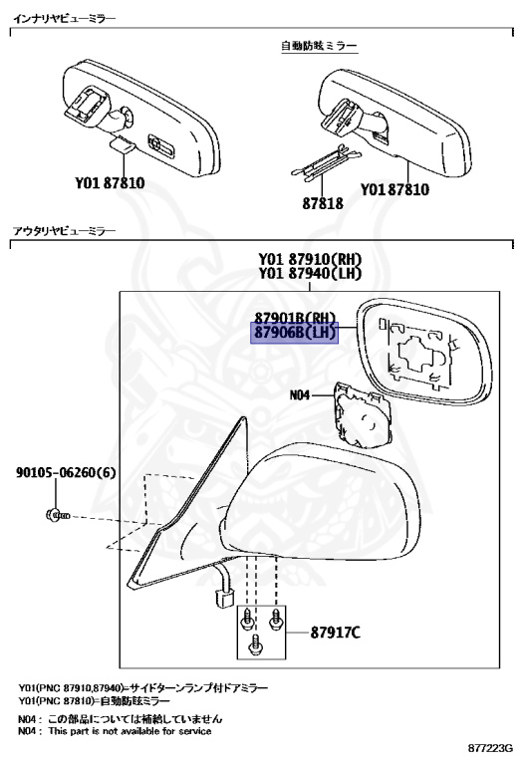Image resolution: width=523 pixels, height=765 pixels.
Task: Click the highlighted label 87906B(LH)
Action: (x=295, y=333)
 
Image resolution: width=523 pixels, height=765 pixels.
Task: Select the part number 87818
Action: (x=323, y=203)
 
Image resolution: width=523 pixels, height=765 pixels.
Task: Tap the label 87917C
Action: (x=336, y=633)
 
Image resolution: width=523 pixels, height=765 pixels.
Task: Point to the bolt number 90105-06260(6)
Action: (x=66, y=472)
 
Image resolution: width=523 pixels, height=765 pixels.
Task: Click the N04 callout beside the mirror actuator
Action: (x=300, y=394)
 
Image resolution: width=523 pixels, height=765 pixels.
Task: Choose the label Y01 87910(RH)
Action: (x=310, y=259)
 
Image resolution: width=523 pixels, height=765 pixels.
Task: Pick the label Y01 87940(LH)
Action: (x=310, y=273)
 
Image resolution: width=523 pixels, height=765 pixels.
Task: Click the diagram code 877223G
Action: (x=490, y=748)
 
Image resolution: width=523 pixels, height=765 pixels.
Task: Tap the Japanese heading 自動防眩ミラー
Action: (x=319, y=46)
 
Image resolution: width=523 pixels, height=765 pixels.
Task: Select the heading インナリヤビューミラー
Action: (x=65, y=19)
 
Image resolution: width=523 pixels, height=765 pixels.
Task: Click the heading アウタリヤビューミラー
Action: (x=65, y=230)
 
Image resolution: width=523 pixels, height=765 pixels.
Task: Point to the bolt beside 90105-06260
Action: (x=58, y=515)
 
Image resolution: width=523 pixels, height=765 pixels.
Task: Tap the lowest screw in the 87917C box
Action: (x=255, y=645)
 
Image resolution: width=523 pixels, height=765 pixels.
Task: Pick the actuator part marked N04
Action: (x=362, y=415)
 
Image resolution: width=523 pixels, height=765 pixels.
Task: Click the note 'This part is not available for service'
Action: (x=130, y=731)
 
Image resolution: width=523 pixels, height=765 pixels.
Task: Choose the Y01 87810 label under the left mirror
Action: (x=110, y=183)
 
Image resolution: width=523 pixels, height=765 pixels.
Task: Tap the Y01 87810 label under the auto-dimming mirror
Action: (x=395, y=189)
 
